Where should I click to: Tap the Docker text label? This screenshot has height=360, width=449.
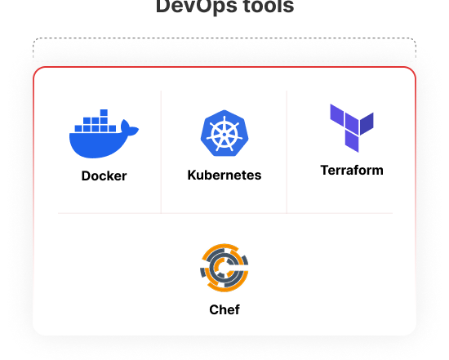coord(104,176)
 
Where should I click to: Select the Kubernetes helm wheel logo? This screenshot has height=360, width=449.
coord(224,133)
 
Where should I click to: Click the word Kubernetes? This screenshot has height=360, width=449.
coord(224,175)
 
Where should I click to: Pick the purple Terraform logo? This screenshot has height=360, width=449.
coord(352,128)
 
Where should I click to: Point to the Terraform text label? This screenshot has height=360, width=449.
coord(352,170)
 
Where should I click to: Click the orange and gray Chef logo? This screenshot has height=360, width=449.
coord(224,268)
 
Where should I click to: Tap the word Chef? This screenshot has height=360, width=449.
coord(224,309)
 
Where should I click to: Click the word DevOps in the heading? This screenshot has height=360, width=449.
coord(197,7)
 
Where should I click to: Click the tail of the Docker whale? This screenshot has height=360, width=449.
coord(130,127)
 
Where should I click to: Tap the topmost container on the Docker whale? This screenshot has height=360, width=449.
coord(104,113)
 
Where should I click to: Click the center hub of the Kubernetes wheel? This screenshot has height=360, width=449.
coord(224,135)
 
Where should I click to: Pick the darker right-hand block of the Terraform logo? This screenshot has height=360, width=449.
coord(367,124)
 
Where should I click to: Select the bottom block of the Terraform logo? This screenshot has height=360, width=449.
coord(352,141)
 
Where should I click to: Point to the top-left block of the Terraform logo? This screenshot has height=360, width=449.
coord(337,115)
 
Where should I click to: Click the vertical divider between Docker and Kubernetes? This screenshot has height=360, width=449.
coord(161,152)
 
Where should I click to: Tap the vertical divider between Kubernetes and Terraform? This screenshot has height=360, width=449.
coord(287,152)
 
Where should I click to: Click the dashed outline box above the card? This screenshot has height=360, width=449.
coord(224,38)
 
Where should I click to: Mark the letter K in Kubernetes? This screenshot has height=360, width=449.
coord(192,175)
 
